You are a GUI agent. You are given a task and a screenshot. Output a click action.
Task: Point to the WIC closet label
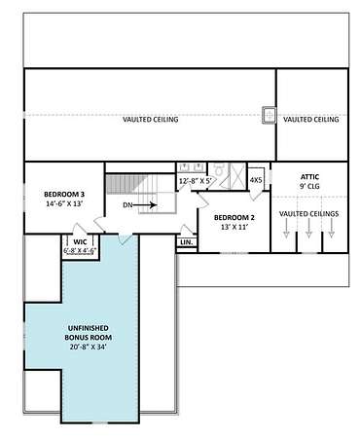click(80, 242)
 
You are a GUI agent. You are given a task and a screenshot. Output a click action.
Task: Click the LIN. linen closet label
click(187, 242)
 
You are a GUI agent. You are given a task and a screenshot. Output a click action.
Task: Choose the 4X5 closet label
click(256, 180)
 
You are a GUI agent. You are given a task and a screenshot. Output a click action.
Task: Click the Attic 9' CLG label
click(309, 182)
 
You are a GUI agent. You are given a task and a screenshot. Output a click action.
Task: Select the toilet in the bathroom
click(219, 169)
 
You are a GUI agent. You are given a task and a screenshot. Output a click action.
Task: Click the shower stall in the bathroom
click(238, 175)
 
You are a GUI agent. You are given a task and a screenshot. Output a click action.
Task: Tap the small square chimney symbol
click(269, 115)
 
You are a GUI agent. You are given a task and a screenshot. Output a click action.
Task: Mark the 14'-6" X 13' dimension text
click(65, 204)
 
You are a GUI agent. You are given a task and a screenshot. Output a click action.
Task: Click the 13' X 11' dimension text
click(234, 227)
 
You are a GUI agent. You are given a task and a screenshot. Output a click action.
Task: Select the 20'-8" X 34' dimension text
click(89, 347)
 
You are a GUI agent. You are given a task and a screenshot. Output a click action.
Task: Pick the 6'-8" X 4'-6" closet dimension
click(80, 251)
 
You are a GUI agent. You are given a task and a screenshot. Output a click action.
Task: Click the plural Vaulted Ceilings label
click(308, 214)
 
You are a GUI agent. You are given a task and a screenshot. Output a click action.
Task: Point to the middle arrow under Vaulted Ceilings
click(308, 228)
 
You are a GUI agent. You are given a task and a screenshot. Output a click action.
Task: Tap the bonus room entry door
click(125, 238)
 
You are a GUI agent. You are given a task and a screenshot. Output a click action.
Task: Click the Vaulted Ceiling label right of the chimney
click(311, 120)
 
